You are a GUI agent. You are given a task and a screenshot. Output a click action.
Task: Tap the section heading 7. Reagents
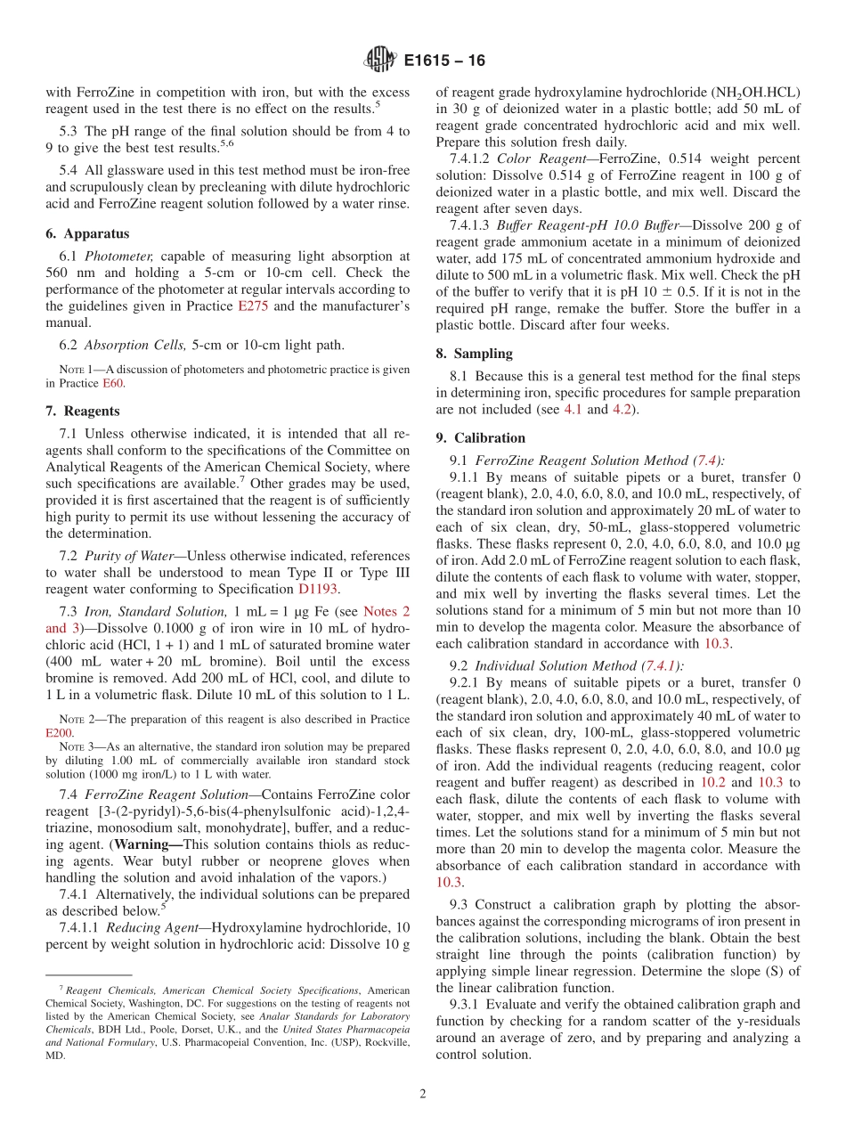[83, 411]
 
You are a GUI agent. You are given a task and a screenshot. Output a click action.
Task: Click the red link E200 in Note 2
[60, 732]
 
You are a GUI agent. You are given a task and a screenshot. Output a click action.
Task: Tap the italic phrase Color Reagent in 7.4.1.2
[536, 159]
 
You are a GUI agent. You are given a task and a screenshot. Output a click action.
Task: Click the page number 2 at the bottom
[423, 1094]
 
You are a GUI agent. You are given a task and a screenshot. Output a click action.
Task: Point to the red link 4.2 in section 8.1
[622, 410]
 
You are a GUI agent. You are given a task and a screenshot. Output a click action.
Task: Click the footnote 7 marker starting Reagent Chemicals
[61, 989]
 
